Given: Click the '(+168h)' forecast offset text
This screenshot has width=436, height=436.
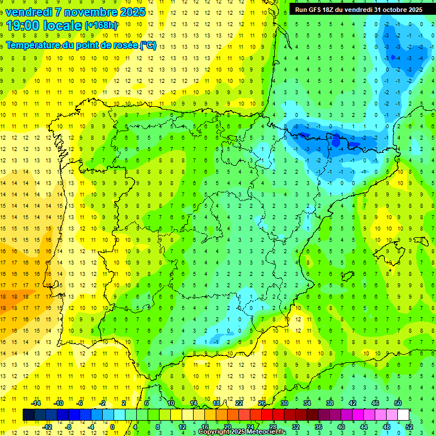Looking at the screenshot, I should click(x=101, y=26).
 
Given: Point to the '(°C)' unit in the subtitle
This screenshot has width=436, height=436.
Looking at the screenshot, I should click(x=148, y=45).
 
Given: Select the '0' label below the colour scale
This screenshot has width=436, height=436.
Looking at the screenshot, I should click(x=112, y=426).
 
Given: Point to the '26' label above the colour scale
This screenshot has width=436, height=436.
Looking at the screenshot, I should click(x=262, y=403).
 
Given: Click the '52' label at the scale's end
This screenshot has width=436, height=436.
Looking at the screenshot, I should click(x=409, y=426).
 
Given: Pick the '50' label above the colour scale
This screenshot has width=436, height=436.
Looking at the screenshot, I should click(x=398, y=403).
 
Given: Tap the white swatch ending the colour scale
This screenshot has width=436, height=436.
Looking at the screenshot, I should click(x=403, y=415).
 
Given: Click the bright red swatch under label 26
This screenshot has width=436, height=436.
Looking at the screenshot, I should click(x=267, y=415).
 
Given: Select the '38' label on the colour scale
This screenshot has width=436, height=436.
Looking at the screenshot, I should click(x=330, y=403).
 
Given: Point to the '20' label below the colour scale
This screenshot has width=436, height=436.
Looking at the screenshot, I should click(x=227, y=426).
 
